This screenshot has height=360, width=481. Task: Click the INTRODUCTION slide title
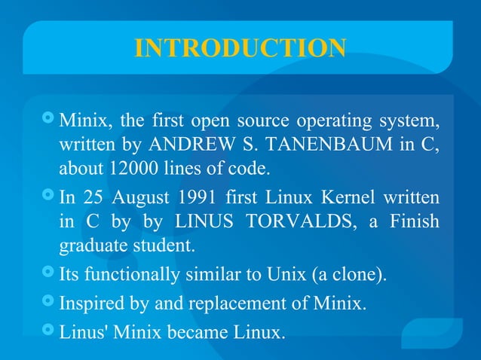240,47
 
